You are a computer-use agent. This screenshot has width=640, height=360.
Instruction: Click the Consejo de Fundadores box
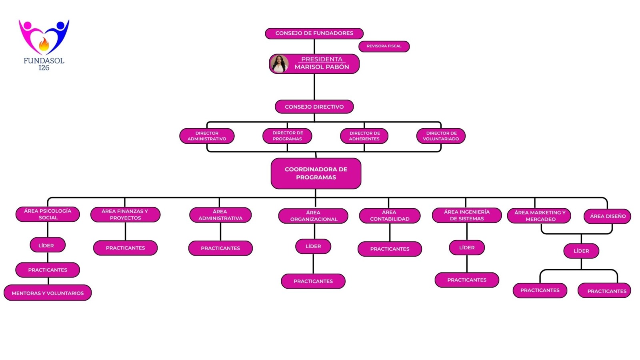coord(314,33)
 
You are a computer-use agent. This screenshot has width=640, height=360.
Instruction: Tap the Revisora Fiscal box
coord(384,46)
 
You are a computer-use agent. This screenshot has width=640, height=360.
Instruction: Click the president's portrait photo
coord(279,64)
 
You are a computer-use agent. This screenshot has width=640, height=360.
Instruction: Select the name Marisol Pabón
coord(322,67)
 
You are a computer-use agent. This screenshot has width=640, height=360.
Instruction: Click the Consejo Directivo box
coord(314,107)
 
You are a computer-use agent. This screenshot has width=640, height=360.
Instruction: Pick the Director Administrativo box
coord(207,136)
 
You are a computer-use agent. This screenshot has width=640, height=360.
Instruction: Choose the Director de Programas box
coord(287,136)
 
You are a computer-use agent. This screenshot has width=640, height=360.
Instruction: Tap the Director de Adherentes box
coord(364,136)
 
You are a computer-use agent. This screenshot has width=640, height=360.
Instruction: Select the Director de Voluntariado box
coord(441,136)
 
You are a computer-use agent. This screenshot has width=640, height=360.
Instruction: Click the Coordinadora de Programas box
coord(316,173)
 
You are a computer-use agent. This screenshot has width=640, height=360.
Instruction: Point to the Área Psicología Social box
coord(48,214)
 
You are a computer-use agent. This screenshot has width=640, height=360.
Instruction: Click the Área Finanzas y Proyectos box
coord(125,215)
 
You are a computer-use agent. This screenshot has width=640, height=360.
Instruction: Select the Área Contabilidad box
coord(390,216)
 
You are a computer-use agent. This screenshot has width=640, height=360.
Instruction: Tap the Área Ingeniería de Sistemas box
coord(466,215)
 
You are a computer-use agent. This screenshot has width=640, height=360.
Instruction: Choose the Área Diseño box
coord(607,216)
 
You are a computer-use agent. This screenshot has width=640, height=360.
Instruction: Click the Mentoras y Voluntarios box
coord(48,293)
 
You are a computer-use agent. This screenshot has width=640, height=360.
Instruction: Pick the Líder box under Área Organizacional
coord(313,246)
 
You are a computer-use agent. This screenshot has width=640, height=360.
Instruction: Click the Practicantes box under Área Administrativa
coord(220,248)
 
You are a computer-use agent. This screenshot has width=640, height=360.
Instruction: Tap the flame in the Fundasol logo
coord(44,44)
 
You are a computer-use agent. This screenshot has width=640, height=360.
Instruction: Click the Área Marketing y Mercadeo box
coord(539,216)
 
